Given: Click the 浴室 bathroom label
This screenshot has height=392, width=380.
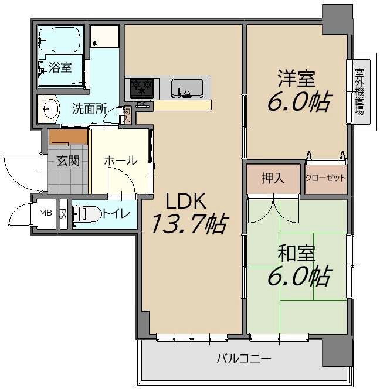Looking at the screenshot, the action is click(60, 67).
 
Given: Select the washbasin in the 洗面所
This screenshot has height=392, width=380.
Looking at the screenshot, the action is click(49, 109).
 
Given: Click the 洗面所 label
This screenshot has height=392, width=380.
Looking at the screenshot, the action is click(90, 109).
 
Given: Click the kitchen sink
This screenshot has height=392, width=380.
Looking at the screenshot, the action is click(187, 88).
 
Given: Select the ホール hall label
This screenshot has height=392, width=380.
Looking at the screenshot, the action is click(121, 160).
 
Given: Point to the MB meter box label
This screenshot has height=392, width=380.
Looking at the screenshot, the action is click(46, 213).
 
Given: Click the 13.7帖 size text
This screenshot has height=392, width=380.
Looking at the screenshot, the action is click(189, 223).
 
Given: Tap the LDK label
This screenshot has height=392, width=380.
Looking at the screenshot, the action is click(186, 201).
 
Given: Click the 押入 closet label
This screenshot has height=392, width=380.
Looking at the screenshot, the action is click(273, 178).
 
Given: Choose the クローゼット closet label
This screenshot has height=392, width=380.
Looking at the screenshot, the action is click(325, 178).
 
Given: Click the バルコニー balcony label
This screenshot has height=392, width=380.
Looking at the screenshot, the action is click(244, 359).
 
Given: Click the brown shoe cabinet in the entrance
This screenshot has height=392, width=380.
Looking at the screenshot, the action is click(68, 137).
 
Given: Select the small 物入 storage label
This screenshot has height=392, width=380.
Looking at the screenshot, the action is click(127, 115).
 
